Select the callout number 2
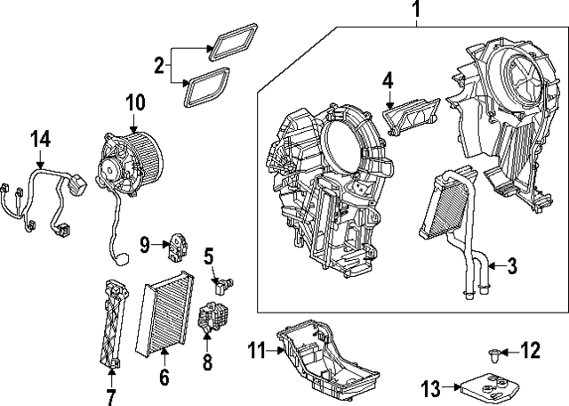pyautogui.click(x=159, y=64)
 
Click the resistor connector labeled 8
pyautogui.click(x=211, y=319)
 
